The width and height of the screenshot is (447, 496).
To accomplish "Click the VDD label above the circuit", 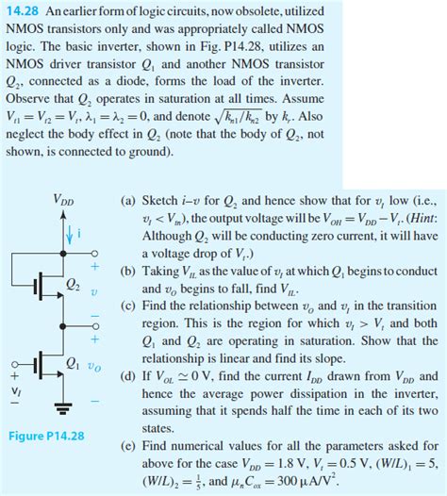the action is (x=63, y=201).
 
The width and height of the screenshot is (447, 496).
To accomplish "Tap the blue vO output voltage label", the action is (x=95, y=363).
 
